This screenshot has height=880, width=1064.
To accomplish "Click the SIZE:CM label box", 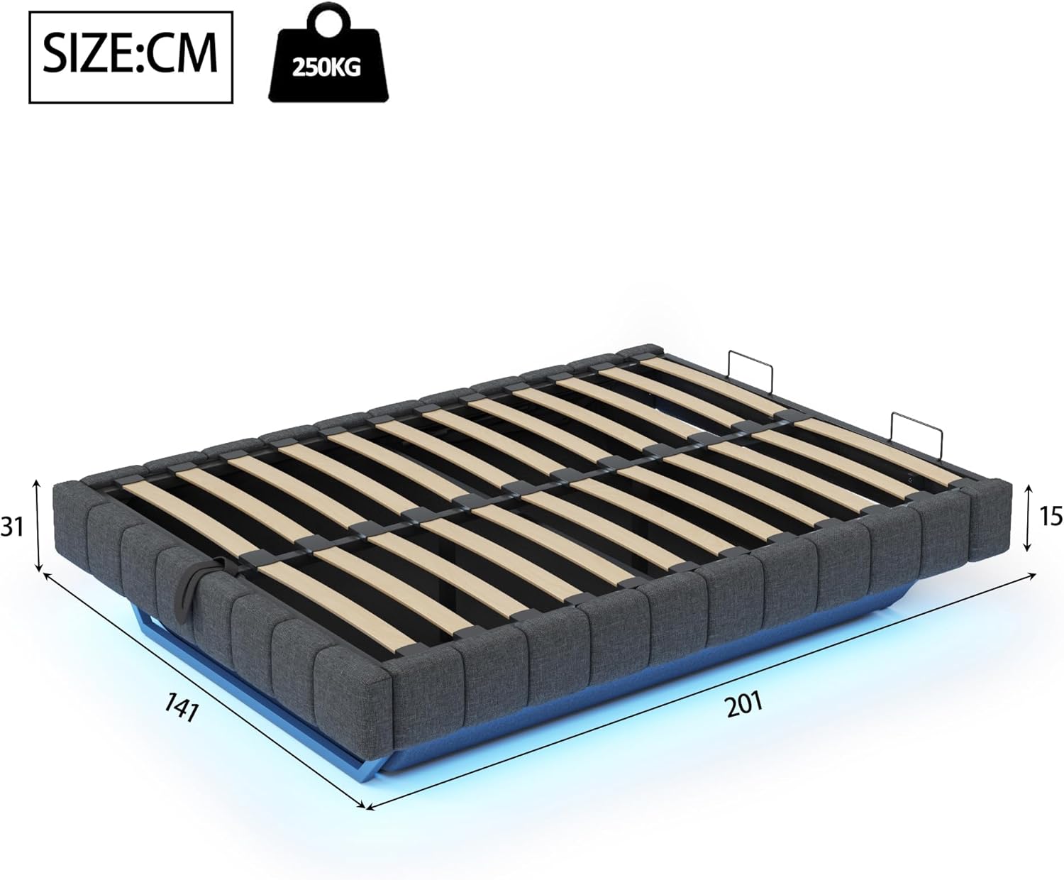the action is pyautogui.click(x=131, y=57).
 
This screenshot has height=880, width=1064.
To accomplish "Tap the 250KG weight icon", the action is pyautogui.click(x=328, y=57).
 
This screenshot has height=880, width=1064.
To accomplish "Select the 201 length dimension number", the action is pyautogui.click(x=745, y=705).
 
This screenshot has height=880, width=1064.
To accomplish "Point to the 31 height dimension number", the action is pyautogui.click(x=12, y=527).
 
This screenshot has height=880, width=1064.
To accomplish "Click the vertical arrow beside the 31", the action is pyautogui.click(x=37, y=526).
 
